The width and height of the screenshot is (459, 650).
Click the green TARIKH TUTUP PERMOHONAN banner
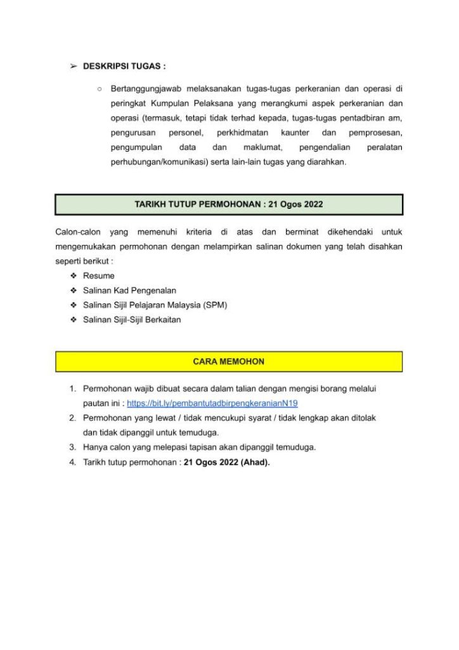tap(229, 204)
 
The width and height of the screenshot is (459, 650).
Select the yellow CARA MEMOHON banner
tap(229, 361)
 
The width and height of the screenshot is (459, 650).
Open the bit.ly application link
tap(212, 403)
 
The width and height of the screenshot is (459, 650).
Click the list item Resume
tap(99, 276)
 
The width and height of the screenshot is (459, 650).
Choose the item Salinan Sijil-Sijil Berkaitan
tap(132, 320)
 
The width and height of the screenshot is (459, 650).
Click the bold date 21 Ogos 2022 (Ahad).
tap(227, 462)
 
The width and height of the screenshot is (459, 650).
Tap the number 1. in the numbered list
tap(73, 388)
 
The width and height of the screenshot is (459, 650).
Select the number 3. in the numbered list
tap(73, 448)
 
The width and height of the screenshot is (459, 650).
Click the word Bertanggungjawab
tap(145, 88)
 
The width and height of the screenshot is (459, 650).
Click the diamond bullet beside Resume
tap(74, 276)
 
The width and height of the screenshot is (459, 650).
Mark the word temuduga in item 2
tap(200, 433)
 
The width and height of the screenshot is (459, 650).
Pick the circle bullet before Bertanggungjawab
tap(100, 88)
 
